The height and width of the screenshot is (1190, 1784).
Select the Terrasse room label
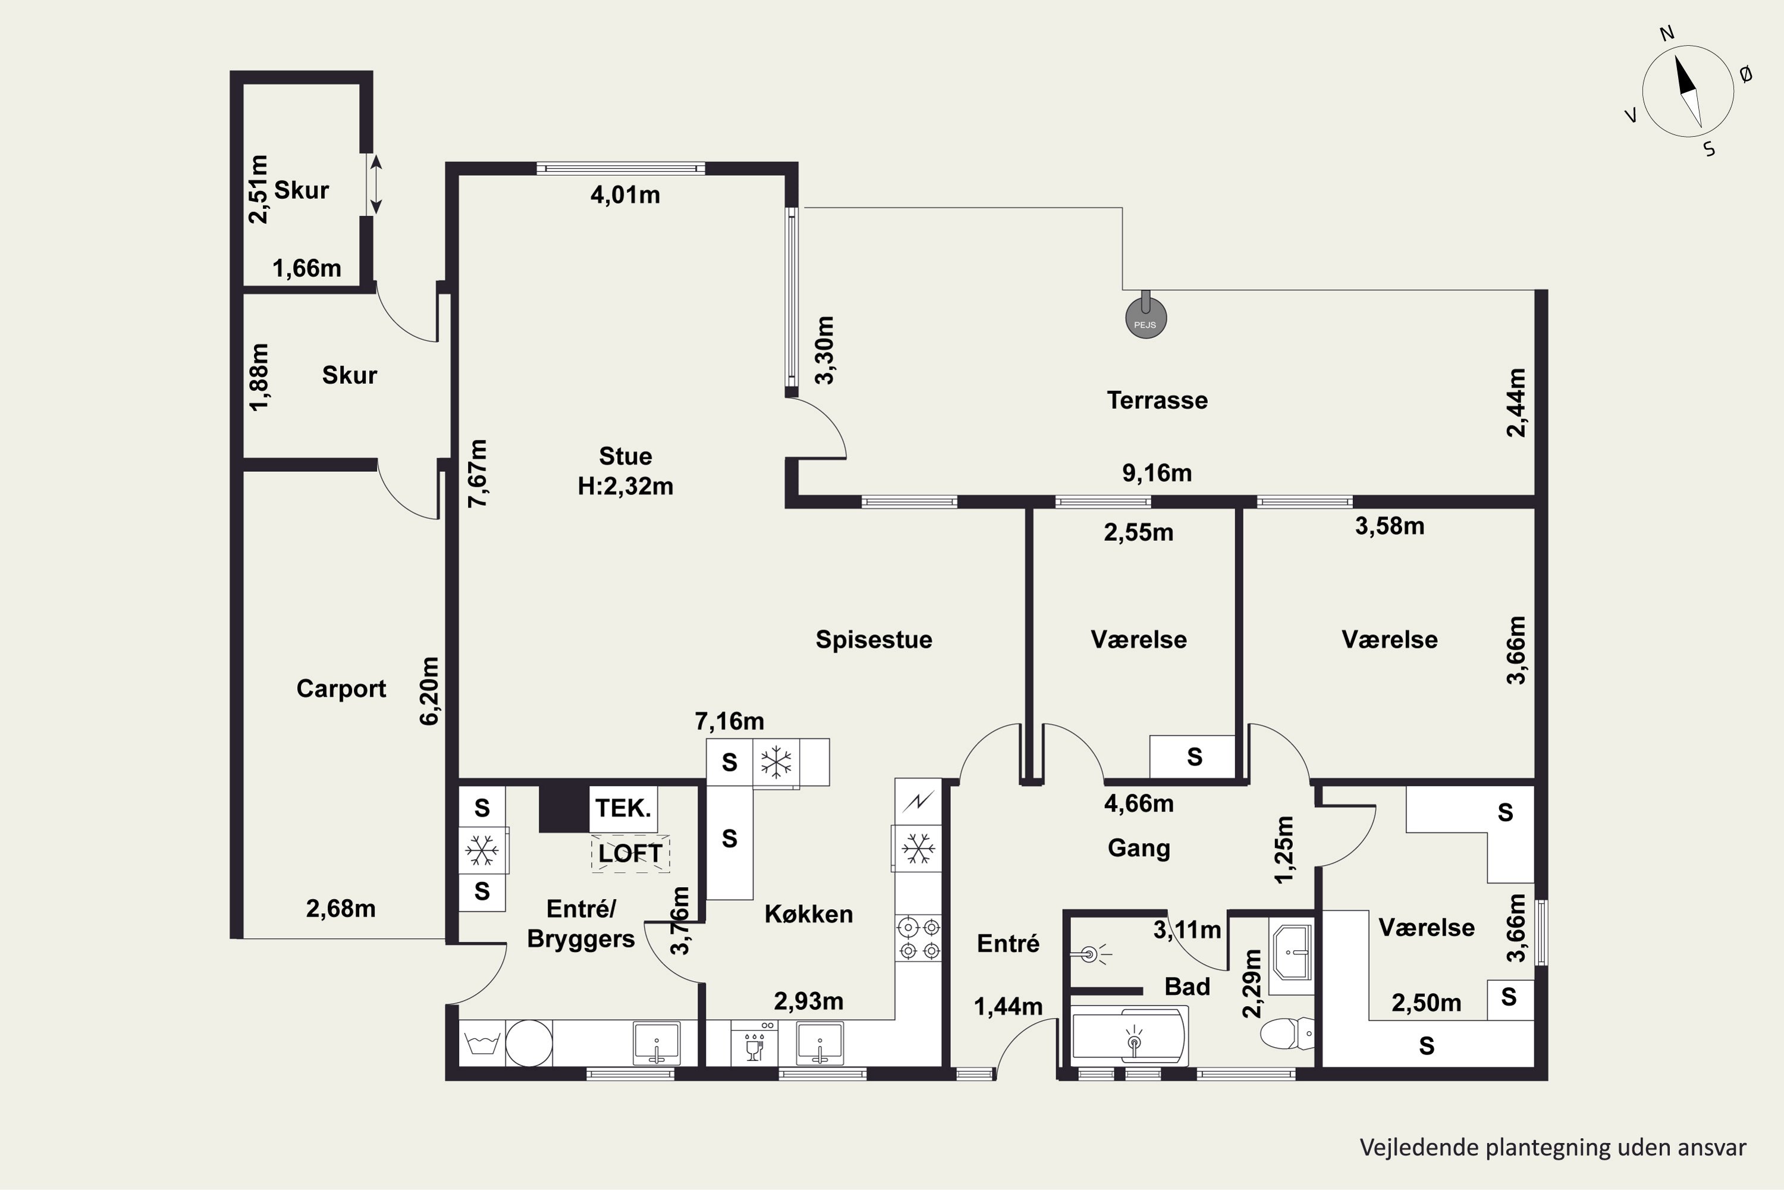1157,400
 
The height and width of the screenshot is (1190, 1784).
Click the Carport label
341,688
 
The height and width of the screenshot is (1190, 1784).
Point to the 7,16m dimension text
730,721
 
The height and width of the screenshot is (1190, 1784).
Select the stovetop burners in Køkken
919,938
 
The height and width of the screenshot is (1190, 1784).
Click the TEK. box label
623,808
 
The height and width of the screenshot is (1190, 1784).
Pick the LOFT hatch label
630,853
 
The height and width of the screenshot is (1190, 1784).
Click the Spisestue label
874,640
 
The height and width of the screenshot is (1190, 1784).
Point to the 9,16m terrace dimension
1157,474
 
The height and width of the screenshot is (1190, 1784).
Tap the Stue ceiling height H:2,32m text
626,486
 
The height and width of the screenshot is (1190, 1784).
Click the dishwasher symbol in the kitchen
754,1044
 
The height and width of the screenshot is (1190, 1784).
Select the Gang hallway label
1139,848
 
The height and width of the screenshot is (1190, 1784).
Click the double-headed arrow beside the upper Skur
375,184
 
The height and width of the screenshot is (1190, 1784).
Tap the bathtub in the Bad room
1129,1036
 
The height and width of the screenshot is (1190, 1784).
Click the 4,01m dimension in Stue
625,195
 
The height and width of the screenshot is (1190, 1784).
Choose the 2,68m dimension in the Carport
341,909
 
